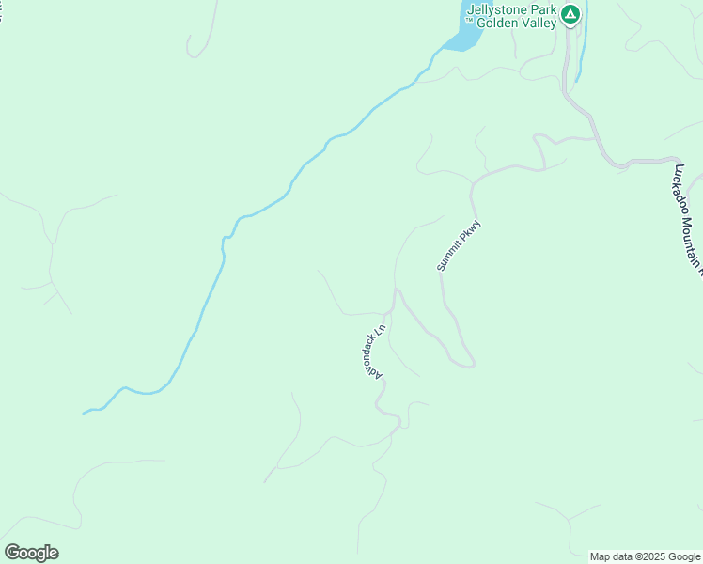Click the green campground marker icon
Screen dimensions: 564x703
pyautogui.click(x=570, y=15)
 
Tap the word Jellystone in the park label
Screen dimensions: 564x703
pyautogui.click(x=499, y=11)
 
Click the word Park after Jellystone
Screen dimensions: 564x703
pyautogui.click(x=546, y=11)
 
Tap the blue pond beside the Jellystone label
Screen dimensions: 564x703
pyautogui.click(x=463, y=39)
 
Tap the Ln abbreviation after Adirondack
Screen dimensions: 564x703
pyautogui.click(x=383, y=330)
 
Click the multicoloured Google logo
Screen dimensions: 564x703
pyautogui.click(x=31, y=553)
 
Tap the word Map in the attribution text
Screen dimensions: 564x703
pyautogui.click(x=601, y=556)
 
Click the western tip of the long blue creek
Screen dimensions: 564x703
pyautogui.click(x=85, y=413)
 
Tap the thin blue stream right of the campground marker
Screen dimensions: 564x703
pyautogui.click(x=582, y=47)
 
